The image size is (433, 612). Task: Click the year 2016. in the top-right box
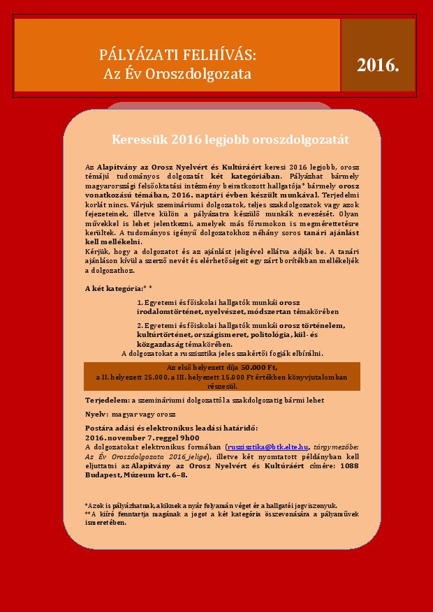[x=378, y=66]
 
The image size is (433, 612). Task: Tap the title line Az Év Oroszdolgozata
[x=177, y=73]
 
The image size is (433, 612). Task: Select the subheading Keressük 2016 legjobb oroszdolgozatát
[x=230, y=140]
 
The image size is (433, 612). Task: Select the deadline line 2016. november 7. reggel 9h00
[x=132, y=436]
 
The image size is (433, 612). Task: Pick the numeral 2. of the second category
[x=140, y=326]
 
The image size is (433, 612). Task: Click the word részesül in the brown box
[x=222, y=385]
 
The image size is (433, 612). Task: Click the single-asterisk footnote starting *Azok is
[x=210, y=505]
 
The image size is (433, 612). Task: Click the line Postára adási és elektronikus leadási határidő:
[x=172, y=427]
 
